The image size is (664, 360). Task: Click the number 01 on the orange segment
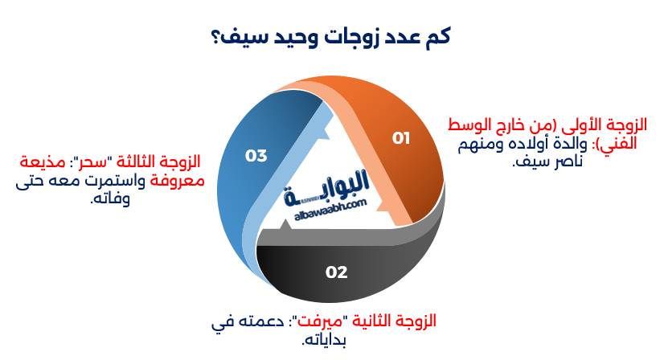pos(401,138)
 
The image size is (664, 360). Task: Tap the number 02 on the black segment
pos(336,272)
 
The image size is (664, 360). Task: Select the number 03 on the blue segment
pos(256,155)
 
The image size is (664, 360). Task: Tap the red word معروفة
pos(177,181)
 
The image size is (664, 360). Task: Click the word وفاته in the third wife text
pos(110,198)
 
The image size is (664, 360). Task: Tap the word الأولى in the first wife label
pos(573,126)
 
